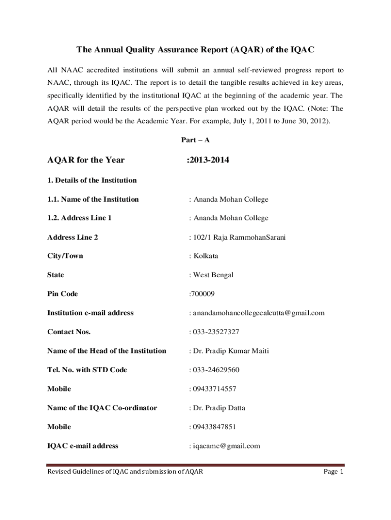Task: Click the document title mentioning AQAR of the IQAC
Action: (195, 50)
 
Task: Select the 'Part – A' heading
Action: (195, 140)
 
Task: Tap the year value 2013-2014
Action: (208, 160)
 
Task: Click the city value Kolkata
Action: (205, 256)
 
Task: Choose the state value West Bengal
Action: (213, 275)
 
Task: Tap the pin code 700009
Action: (203, 294)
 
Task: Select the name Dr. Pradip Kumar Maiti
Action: (231, 351)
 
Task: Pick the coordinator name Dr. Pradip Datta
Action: (218, 408)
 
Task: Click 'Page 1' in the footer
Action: (334, 472)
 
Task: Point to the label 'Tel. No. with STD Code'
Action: (87, 370)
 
